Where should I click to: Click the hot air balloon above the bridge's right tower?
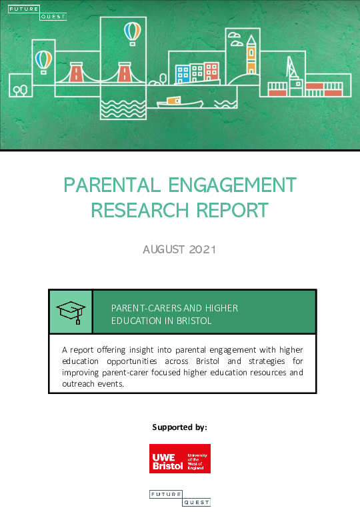tap(133, 31)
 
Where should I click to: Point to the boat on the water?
tap(179, 102)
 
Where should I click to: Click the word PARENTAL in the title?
tap(109, 185)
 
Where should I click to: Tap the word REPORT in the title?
tap(233, 210)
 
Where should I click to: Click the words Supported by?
tap(179, 427)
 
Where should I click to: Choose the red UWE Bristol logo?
tap(179, 459)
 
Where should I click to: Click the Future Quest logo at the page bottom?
tap(179, 497)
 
